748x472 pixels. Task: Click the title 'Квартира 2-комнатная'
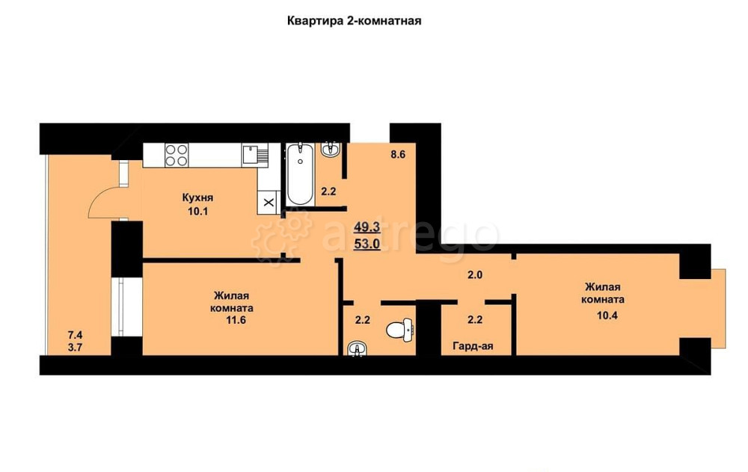355,21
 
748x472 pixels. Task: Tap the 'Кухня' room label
198,197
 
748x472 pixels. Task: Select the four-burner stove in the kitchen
177,154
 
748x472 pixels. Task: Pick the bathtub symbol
300,174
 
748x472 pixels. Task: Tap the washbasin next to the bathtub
329,150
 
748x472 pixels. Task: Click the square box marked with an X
268,202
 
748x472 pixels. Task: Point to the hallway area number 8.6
398,156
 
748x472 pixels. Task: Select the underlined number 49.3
366,227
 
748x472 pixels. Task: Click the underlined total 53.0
366,243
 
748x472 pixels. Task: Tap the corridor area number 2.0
475,275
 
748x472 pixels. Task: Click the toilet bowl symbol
399,329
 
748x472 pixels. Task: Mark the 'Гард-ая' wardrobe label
472,346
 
